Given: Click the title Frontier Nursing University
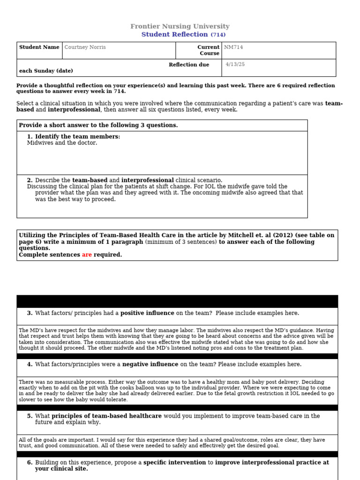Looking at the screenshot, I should tap(180, 27).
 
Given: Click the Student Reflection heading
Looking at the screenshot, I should tap(174, 35).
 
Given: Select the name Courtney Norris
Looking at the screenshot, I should tap(85, 47).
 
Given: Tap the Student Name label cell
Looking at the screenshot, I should tap(39, 47).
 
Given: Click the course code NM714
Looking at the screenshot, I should tap(233, 47).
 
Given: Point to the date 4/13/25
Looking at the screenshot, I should tap(235, 65).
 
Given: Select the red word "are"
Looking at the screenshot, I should tap(87, 255).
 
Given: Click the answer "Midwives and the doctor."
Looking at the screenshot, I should tap(62, 143).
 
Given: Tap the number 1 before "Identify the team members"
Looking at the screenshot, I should tap(30, 137).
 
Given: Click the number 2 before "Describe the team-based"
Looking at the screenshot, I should tap(30, 180).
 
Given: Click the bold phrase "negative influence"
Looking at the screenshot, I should tap(150, 364).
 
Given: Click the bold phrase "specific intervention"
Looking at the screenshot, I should tap(174, 463).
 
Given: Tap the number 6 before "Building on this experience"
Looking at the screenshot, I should tap(30, 463).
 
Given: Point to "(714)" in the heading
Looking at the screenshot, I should tap(218, 35).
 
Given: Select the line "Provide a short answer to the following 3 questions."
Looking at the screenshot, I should tap(98, 126).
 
